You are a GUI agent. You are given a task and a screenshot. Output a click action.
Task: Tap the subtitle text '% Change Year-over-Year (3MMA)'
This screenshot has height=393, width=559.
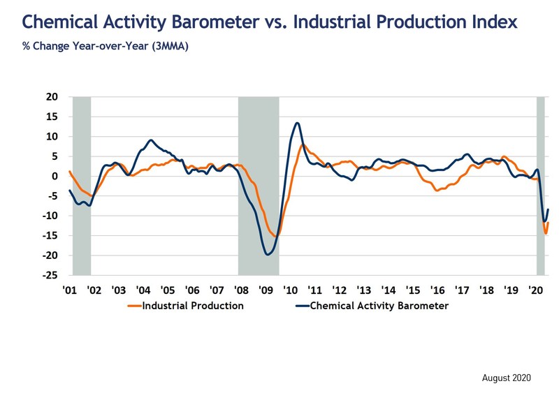tap(106, 46)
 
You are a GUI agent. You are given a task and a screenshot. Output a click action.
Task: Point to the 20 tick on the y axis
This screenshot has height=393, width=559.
tap(52, 96)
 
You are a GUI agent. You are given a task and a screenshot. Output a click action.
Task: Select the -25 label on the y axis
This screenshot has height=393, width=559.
tap(50, 275)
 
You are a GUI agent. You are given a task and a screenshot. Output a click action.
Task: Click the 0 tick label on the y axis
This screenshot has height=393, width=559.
tap(55, 176)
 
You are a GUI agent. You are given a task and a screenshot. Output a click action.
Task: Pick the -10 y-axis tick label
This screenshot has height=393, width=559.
tap(50, 216)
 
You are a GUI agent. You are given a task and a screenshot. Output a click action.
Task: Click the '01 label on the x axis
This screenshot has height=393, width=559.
tap(69, 290)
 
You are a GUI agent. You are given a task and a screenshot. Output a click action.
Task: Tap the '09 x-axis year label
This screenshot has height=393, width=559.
tap(266, 290)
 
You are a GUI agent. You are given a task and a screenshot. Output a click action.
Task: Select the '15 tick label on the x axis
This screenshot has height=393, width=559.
tap(413, 290)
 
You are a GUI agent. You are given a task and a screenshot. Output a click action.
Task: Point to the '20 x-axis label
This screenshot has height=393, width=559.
tap(535, 290)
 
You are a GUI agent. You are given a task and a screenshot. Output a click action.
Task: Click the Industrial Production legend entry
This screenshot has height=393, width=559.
tap(186, 306)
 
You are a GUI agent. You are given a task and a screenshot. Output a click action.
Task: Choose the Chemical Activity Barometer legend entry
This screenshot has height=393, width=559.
tap(372, 306)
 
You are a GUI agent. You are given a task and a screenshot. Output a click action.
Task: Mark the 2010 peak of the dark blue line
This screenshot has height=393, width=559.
tap(298, 123)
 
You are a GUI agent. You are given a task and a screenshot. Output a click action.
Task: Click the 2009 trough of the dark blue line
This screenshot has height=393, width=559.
tap(268, 254)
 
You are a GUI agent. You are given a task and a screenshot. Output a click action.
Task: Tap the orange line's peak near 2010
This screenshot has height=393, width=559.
tap(303, 145)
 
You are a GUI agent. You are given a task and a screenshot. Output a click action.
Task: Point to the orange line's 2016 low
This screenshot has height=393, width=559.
tap(437, 191)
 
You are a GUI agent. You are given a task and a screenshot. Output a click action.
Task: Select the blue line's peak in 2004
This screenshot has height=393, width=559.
tap(151, 140)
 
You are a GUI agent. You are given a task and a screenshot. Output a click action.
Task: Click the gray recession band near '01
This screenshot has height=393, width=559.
tap(82, 186)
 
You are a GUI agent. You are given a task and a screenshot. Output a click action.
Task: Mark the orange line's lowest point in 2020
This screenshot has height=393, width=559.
tap(546, 233)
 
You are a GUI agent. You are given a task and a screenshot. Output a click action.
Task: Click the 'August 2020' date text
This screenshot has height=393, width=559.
tap(506, 378)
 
